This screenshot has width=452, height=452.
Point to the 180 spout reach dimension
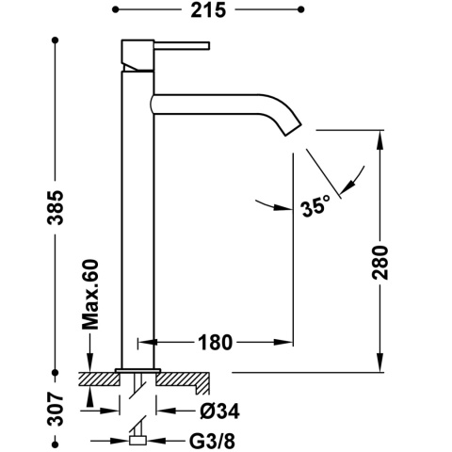coord(216,343)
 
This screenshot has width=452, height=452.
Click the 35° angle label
coord(315,206)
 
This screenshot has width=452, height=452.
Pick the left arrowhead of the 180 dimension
coord(145,343)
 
